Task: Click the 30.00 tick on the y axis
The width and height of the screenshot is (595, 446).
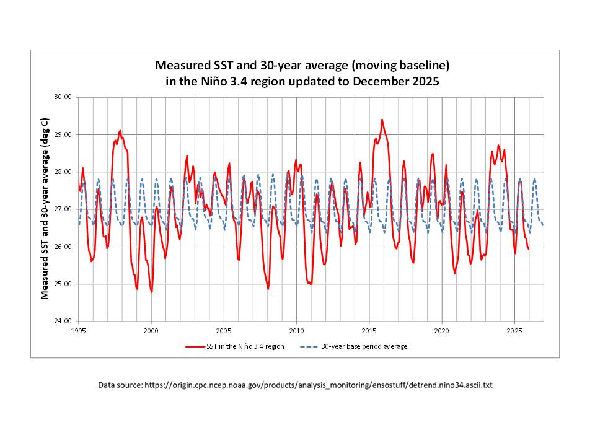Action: (x=64, y=97)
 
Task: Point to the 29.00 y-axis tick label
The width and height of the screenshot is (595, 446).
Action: (x=64, y=134)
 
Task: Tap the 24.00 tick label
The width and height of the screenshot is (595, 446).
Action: (x=64, y=321)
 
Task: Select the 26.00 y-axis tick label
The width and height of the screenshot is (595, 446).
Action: (x=64, y=247)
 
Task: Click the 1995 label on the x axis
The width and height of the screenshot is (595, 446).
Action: (x=79, y=331)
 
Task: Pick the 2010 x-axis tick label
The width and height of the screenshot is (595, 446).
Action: (x=297, y=331)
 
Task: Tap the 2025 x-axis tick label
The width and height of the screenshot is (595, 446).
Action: (x=515, y=331)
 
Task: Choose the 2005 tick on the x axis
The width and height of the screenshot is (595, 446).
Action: (x=224, y=331)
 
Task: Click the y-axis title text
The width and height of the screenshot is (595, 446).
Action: (x=45, y=209)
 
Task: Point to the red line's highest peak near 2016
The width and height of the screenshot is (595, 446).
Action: (x=382, y=120)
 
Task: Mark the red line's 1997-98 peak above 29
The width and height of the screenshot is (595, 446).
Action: (x=120, y=131)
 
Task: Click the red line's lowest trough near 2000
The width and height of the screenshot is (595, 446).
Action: (x=152, y=292)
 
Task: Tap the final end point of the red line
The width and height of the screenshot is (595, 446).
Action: (x=528, y=249)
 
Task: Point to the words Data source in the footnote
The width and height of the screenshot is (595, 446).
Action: (x=120, y=385)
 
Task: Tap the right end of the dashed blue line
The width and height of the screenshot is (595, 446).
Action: (x=543, y=225)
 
